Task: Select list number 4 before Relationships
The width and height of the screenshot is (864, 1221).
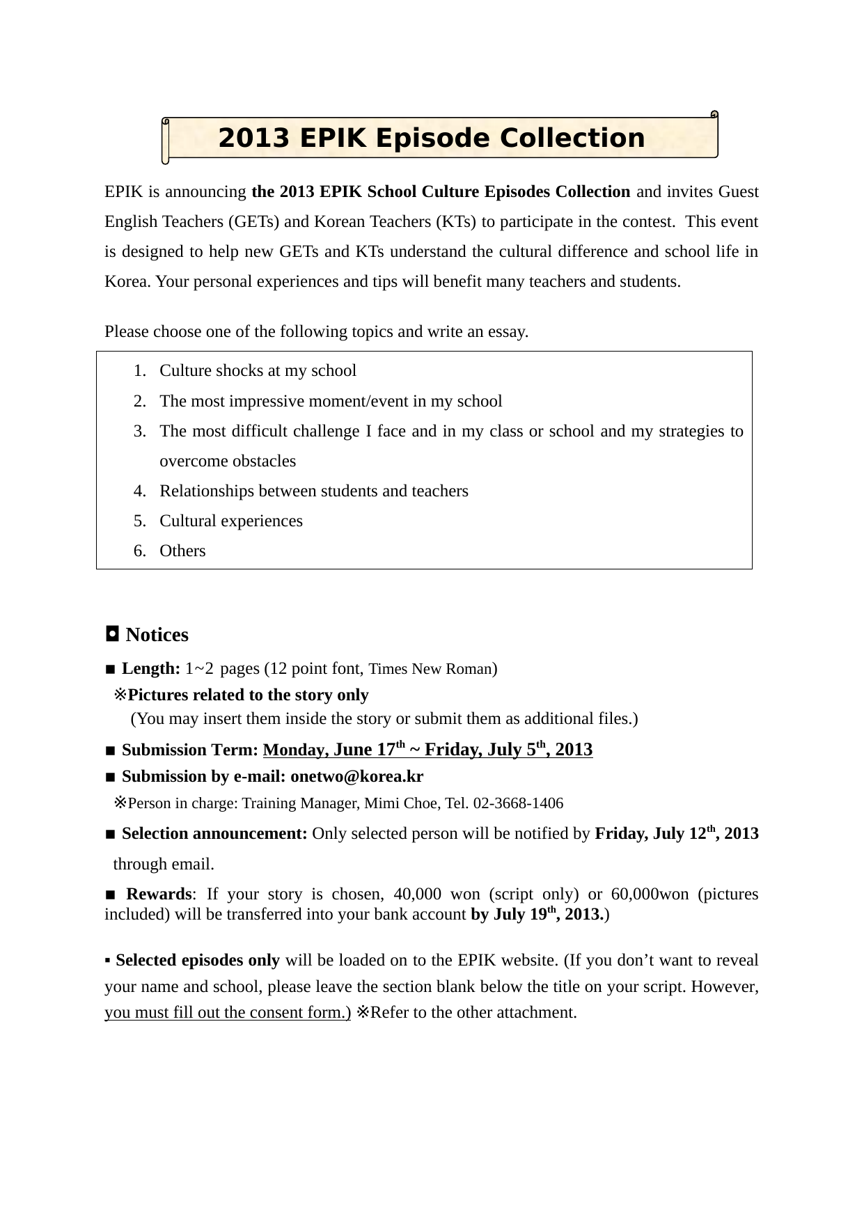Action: (140, 491)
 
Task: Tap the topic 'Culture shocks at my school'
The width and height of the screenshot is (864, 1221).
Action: (258, 371)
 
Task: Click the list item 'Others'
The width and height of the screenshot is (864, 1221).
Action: (182, 551)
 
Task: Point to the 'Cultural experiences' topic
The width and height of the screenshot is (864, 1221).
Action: (231, 521)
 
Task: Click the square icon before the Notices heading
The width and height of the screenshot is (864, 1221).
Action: (111, 634)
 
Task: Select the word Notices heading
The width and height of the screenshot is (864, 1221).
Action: (157, 635)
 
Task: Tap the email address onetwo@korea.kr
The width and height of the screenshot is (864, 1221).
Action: (356, 777)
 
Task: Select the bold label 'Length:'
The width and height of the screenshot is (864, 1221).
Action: (151, 669)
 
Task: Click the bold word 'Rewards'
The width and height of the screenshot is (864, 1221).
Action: (159, 895)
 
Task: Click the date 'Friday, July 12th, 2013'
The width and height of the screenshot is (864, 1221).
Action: (676, 834)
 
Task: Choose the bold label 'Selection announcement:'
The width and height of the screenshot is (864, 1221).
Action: (214, 834)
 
